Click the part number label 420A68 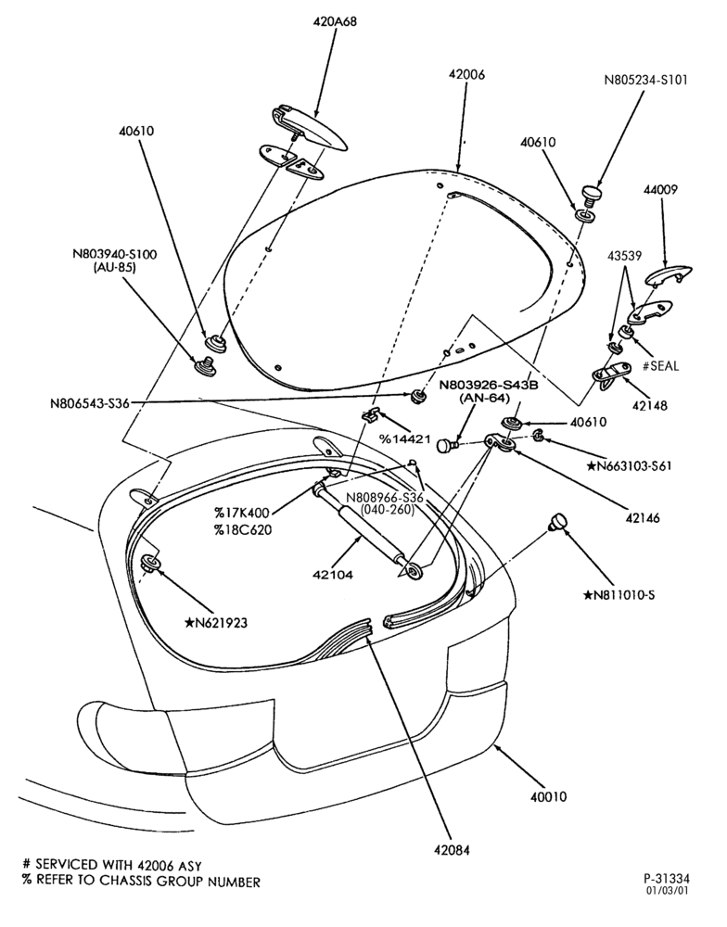pyautogui.click(x=335, y=22)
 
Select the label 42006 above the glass pyautogui.click(x=466, y=74)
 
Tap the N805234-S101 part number pyautogui.click(x=646, y=80)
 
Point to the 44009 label pyautogui.click(x=661, y=190)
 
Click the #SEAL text pyautogui.click(x=661, y=366)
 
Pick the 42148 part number pyautogui.click(x=650, y=406)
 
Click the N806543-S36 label pyautogui.click(x=89, y=404)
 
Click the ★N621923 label pyautogui.click(x=215, y=622)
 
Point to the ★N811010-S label pyautogui.click(x=619, y=595)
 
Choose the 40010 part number pyautogui.click(x=548, y=796)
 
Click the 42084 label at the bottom pyautogui.click(x=452, y=850)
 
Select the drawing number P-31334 pyautogui.click(x=667, y=879)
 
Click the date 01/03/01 pyautogui.click(x=667, y=890)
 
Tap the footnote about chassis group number pyautogui.click(x=141, y=883)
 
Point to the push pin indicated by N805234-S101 pyautogui.click(x=591, y=194)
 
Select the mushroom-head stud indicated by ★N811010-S pyautogui.click(x=558, y=522)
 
